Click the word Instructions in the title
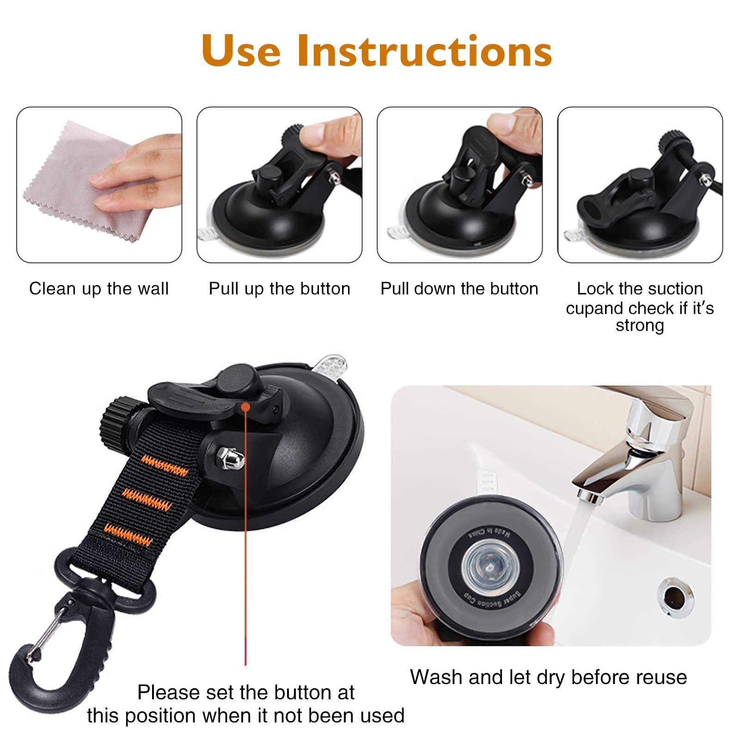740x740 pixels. (x=424, y=51)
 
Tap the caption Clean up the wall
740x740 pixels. (x=99, y=289)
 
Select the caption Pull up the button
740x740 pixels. (x=279, y=289)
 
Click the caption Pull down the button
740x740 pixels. (x=459, y=289)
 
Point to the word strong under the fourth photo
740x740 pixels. (x=640, y=325)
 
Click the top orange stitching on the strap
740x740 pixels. (x=165, y=466)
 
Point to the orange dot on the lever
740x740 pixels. (x=246, y=407)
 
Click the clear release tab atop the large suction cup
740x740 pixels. (x=331, y=365)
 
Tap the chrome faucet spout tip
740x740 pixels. (x=590, y=496)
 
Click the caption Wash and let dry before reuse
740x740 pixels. (x=548, y=678)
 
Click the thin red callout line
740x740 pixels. (x=245, y=555)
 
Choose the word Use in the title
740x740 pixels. (x=241, y=51)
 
